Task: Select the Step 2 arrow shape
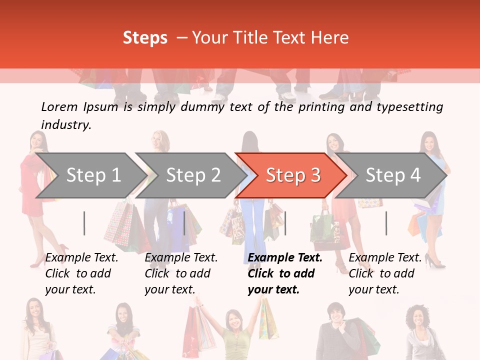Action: click(193, 175)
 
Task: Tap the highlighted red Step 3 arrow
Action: click(293, 175)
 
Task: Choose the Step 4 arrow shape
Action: click(393, 175)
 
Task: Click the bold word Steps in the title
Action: click(145, 38)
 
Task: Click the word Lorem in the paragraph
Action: click(59, 106)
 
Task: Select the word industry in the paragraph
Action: click(65, 124)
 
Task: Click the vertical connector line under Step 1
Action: click(84, 223)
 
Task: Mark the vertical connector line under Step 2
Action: click(184, 223)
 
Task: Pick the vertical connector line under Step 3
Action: click(285, 223)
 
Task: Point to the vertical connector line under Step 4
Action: click(386, 223)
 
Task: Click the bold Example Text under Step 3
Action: click(285, 257)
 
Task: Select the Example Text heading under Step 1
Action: click(81, 257)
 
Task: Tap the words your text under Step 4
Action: click(373, 289)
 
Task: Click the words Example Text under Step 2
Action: click(181, 257)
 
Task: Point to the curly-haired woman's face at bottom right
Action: click(417, 318)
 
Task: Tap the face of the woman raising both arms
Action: click(233, 320)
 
